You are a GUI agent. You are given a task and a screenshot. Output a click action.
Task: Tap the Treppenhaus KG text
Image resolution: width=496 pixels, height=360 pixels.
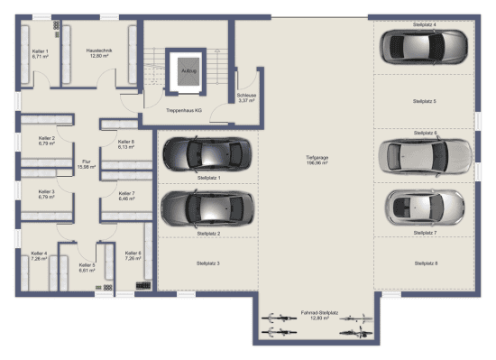click(x=183, y=109)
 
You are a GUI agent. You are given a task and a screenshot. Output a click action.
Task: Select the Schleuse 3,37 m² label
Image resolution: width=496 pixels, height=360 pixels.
click(x=244, y=97)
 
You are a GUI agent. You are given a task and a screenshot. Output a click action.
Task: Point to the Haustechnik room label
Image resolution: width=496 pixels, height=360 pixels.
click(x=98, y=52)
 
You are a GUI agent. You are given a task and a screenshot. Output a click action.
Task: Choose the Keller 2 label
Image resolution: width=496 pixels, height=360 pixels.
click(x=47, y=140)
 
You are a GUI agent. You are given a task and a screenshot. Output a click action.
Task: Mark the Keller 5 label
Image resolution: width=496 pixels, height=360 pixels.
click(x=87, y=267)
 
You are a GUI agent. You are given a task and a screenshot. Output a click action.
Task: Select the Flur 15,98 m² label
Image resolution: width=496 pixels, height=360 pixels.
click(x=87, y=164)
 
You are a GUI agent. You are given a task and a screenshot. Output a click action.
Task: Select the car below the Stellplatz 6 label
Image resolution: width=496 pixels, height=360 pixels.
click(x=423, y=155)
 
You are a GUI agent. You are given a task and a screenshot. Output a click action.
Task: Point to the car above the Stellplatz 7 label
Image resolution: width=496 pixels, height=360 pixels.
click(x=423, y=208)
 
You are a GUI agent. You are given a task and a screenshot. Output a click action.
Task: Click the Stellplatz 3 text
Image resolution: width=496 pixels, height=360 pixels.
click(x=207, y=263)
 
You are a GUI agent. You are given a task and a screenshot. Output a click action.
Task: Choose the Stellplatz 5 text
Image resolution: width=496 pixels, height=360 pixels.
click(x=423, y=101)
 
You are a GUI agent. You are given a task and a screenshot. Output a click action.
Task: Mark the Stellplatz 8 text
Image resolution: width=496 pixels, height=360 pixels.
click(x=423, y=263)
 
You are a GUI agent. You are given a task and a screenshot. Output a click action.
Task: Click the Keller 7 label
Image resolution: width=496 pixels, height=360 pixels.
click(x=125, y=195)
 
